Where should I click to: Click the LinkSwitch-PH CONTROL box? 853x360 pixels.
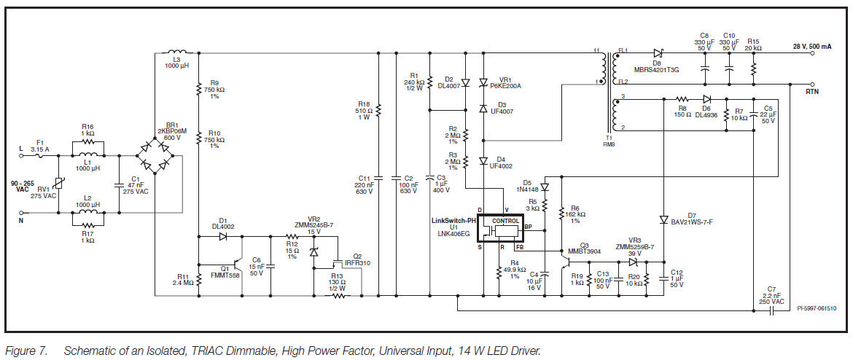(506, 220)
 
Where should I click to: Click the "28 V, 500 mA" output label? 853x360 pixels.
(811, 46)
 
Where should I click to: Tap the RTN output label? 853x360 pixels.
(812, 93)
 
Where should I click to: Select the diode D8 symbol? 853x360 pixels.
(658, 52)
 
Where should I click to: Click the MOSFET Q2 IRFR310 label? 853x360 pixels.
(357, 260)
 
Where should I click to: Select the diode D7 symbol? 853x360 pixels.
(663, 219)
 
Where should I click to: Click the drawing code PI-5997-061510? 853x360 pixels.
(815, 308)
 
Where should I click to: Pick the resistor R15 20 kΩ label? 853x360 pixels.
(753, 45)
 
